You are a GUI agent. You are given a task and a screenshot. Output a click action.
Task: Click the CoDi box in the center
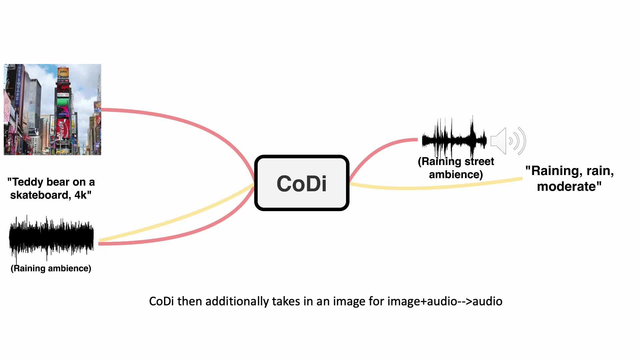click(x=302, y=183)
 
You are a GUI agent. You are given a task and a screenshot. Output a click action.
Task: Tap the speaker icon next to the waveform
click(x=508, y=141)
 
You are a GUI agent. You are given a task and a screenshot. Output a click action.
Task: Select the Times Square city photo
click(x=52, y=109)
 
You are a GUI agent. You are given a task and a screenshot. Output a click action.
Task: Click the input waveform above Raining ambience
click(x=51, y=237)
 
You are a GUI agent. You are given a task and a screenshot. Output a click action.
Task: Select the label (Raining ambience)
click(x=51, y=268)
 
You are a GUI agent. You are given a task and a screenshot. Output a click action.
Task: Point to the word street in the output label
click(x=479, y=162)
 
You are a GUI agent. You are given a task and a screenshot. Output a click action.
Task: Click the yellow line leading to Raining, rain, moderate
click(x=433, y=187)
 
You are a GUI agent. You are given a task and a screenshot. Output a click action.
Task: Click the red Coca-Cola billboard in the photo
click(x=62, y=129)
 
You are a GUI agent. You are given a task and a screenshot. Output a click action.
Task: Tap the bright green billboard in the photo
click(x=62, y=102)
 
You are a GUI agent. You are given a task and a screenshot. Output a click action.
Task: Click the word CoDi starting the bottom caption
click(x=161, y=301)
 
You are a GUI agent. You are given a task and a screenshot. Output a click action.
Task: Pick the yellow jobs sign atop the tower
click(x=63, y=72)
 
